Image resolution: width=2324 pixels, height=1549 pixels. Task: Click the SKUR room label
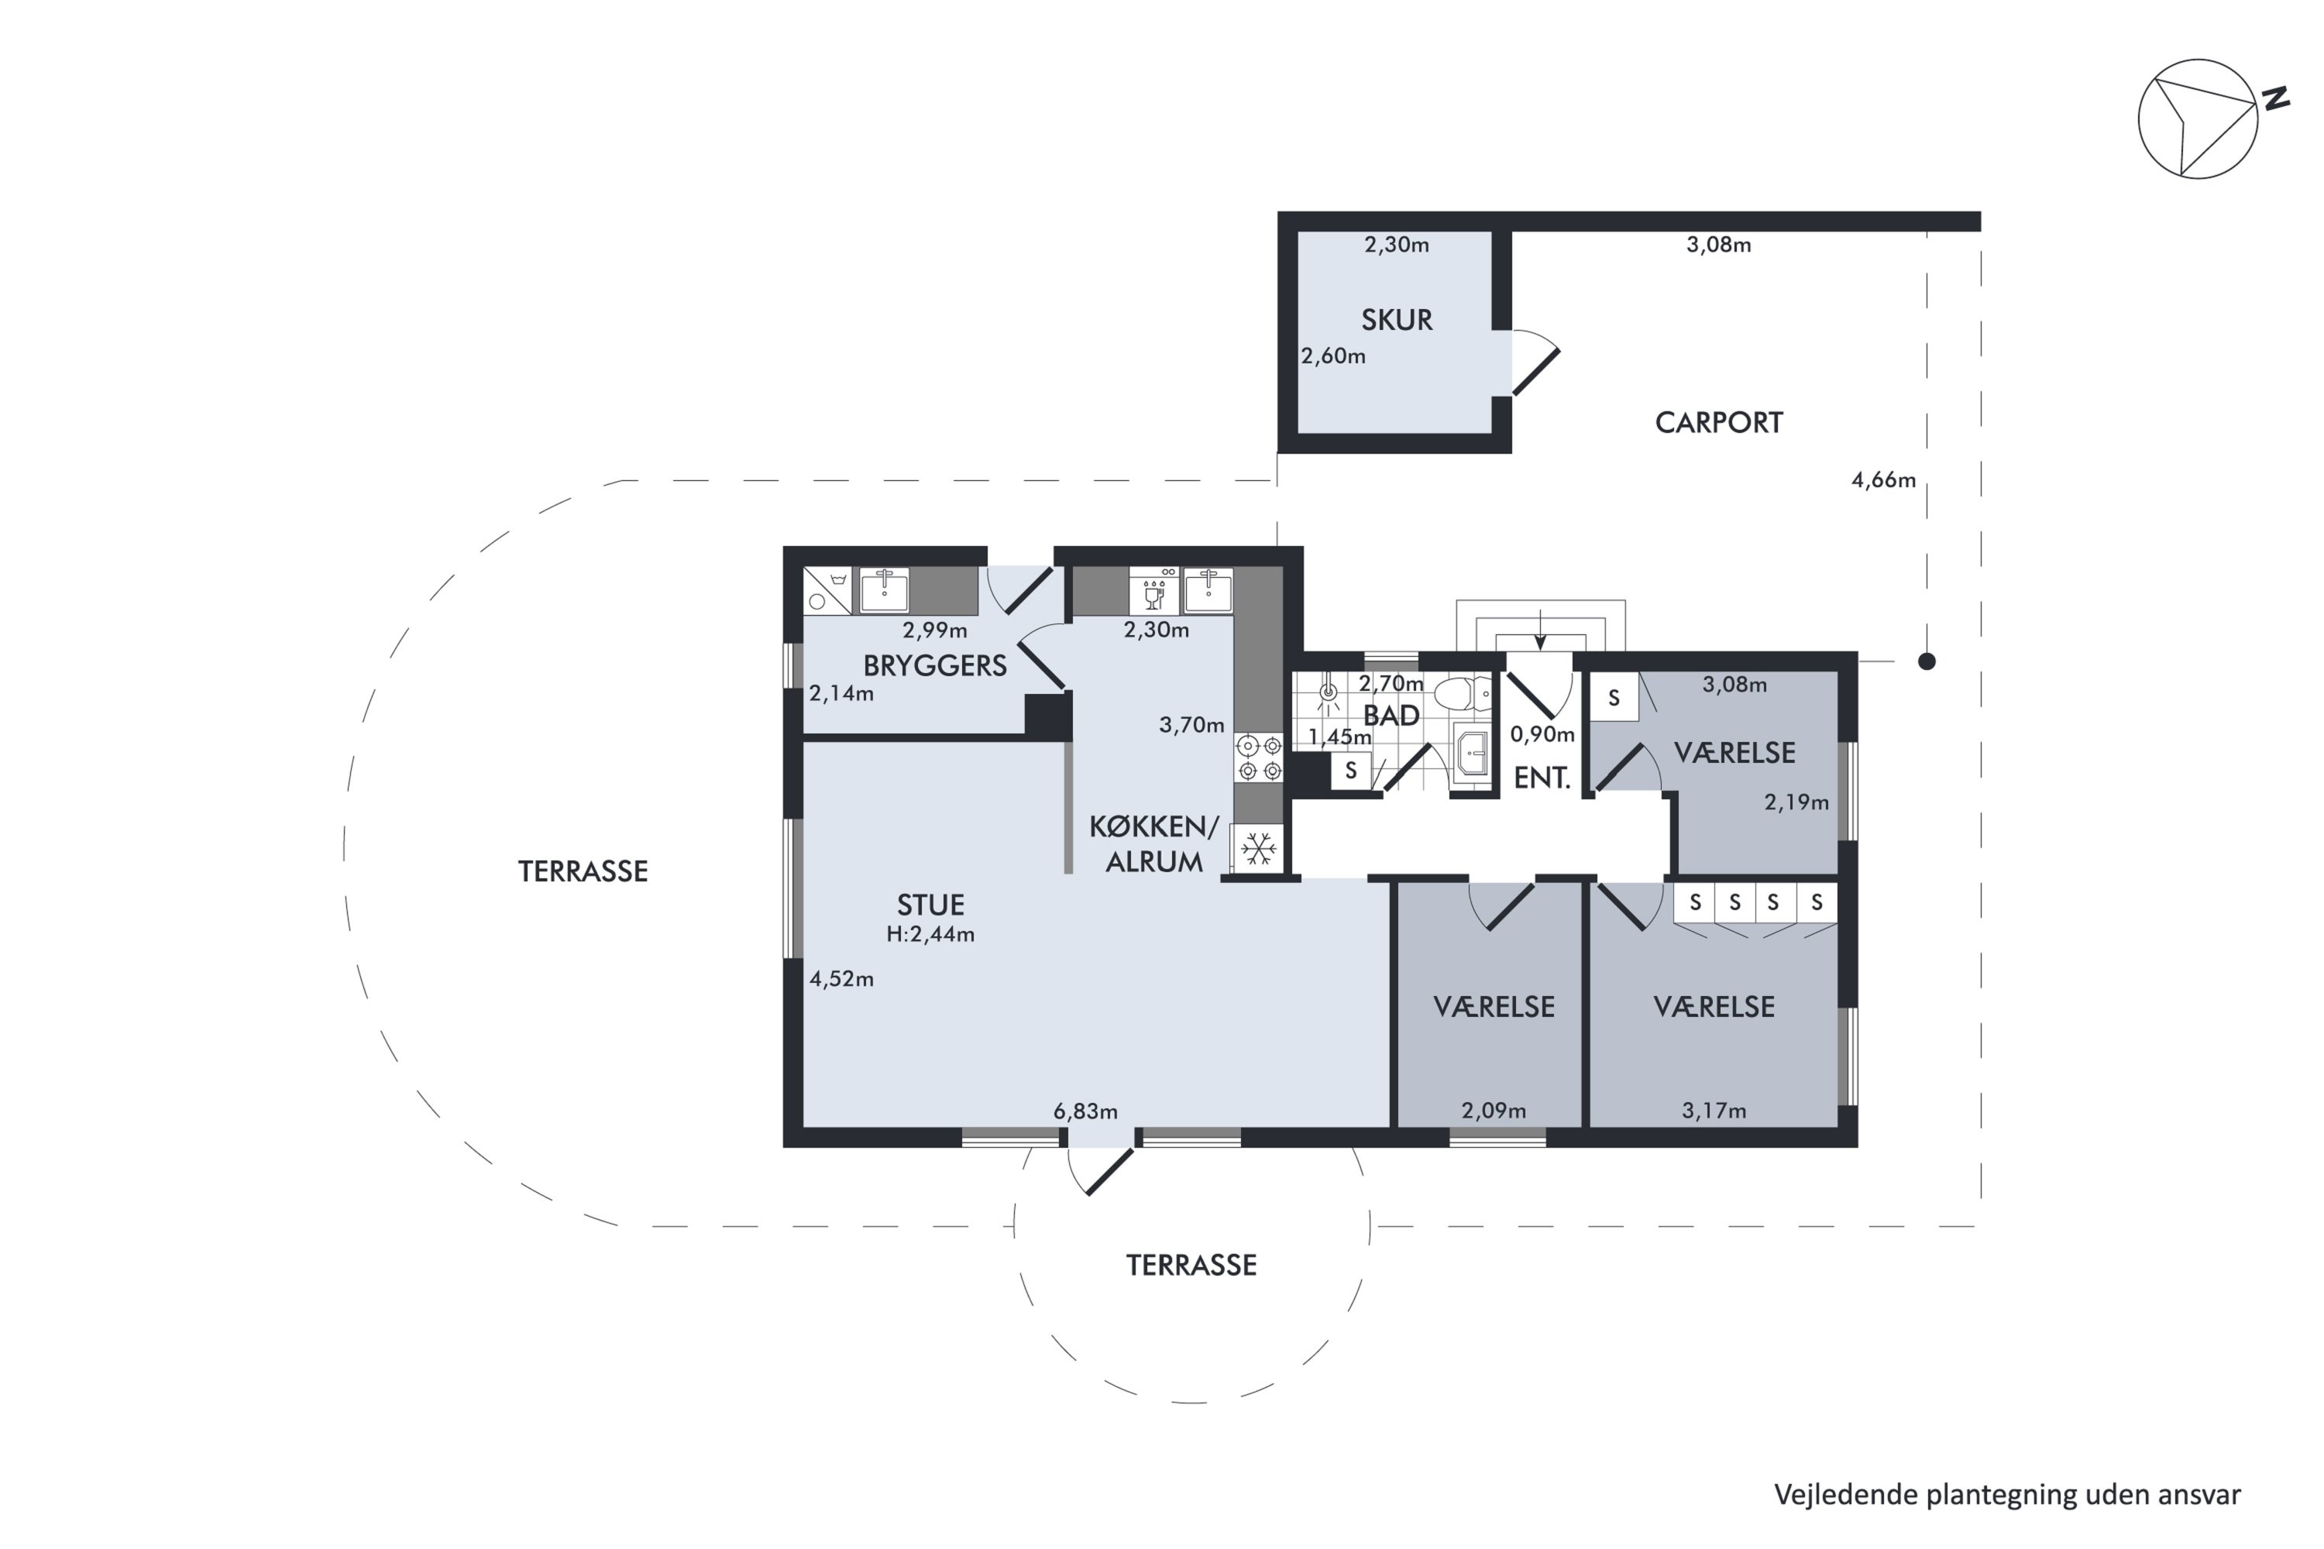1396,320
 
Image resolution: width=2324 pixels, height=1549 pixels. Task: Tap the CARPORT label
1718,423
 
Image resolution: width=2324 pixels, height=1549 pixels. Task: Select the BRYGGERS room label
935,666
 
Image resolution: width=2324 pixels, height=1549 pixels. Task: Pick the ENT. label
1542,778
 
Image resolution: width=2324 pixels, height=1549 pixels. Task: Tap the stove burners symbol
1259,757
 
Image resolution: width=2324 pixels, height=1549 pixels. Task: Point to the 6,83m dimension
1085,1111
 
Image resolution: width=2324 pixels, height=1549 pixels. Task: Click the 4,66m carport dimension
1883,480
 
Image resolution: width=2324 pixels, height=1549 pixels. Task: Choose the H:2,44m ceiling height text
930,935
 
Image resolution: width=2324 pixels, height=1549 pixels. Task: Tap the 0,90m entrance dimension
1542,734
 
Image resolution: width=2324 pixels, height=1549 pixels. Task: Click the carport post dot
1927,661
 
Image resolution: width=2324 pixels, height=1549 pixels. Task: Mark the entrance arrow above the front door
1539,629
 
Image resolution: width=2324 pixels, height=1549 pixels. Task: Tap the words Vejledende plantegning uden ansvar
2008,1495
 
